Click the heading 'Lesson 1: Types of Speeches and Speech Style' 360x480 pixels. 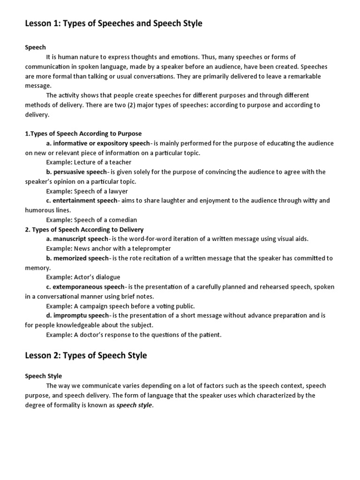(x=113, y=23)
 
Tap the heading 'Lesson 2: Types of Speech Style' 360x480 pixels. (x=86, y=355)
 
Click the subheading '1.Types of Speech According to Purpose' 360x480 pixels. (x=83, y=134)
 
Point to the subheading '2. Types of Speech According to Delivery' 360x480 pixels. (x=84, y=229)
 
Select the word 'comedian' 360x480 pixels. (x=121, y=220)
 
